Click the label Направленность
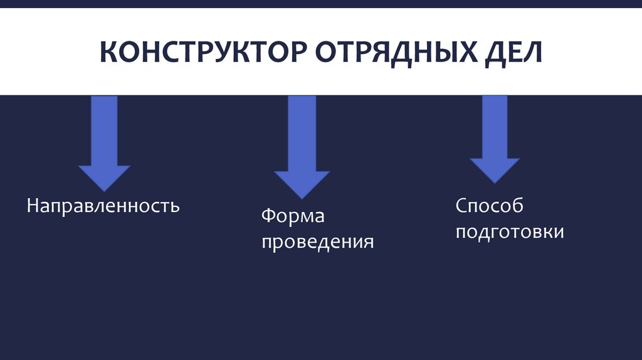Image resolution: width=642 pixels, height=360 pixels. coord(103,206)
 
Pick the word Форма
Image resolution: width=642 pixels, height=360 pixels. coord(293,217)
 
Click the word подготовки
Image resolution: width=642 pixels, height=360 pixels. coord(510,232)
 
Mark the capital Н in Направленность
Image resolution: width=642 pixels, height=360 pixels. coord(33,206)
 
